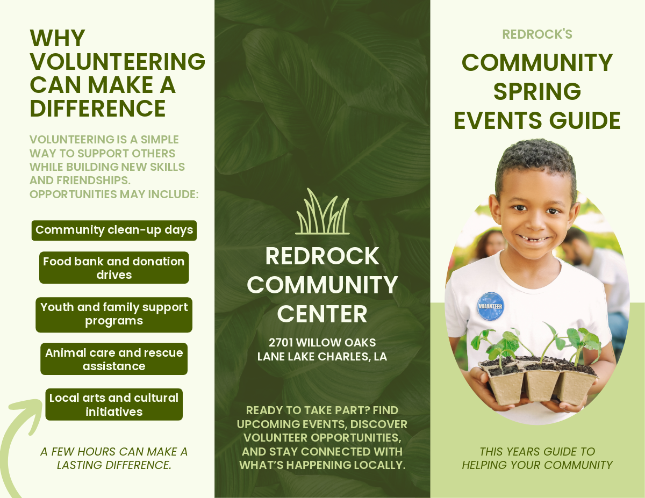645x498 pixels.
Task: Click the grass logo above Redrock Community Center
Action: (x=322, y=211)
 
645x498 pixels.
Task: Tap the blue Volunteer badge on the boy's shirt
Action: (x=490, y=306)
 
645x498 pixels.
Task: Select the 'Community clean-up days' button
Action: (x=114, y=230)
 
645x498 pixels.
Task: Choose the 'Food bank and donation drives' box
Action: (x=114, y=268)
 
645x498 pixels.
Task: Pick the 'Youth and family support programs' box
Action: (x=114, y=314)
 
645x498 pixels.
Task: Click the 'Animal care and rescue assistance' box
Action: (x=114, y=359)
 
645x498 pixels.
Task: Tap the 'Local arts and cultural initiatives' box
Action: (x=114, y=405)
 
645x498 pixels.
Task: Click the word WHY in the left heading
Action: (x=58, y=38)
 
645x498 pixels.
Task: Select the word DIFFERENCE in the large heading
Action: (x=98, y=109)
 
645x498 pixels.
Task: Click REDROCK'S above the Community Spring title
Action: (x=537, y=34)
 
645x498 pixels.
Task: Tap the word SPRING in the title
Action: (x=537, y=92)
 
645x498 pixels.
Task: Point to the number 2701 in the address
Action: (x=281, y=343)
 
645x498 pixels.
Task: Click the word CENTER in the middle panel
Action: (x=322, y=314)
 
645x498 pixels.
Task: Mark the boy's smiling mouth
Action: (x=533, y=238)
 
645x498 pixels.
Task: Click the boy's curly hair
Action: (x=536, y=160)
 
